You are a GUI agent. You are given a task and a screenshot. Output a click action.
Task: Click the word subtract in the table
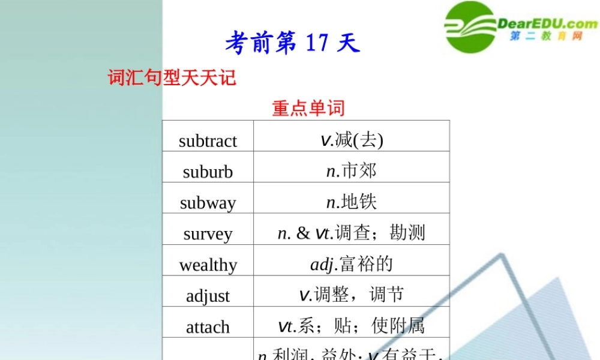[208, 141]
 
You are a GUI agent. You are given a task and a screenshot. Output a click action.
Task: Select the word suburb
[208, 172]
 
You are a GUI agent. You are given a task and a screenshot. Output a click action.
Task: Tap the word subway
[208, 203]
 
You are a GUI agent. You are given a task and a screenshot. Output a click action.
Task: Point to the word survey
[208, 234]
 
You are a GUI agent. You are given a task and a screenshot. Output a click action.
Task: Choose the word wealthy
[208, 265]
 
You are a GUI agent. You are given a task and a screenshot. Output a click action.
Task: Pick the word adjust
[208, 296]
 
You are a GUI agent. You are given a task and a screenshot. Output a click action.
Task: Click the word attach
[208, 327]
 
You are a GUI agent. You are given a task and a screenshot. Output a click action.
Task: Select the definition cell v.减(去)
[352, 140]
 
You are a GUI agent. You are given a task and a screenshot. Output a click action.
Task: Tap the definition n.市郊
[352, 171]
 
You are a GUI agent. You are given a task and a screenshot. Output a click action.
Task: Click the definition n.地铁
[352, 202]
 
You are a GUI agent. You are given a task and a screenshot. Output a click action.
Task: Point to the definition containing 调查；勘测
[352, 233]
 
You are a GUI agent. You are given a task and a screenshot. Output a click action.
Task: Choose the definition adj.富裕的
[352, 264]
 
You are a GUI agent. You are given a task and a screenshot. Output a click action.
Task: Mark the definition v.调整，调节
[352, 295]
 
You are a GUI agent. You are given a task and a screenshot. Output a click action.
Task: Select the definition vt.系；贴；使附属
[352, 326]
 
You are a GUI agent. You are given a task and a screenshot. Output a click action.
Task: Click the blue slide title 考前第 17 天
[292, 43]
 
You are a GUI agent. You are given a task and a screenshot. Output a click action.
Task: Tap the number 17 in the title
[317, 43]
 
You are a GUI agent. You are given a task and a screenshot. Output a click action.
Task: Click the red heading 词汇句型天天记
[172, 77]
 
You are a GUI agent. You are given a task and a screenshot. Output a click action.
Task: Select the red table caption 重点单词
[308, 108]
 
